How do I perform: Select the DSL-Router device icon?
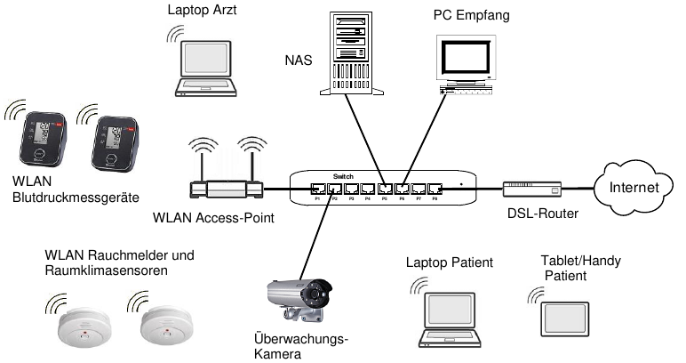tap(532, 189)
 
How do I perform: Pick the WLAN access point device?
tap(227, 188)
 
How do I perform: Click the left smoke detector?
tap(83, 331)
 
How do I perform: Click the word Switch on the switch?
tap(342, 175)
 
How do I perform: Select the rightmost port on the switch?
tap(435, 189)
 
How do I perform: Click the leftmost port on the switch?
tap(317, 189)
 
